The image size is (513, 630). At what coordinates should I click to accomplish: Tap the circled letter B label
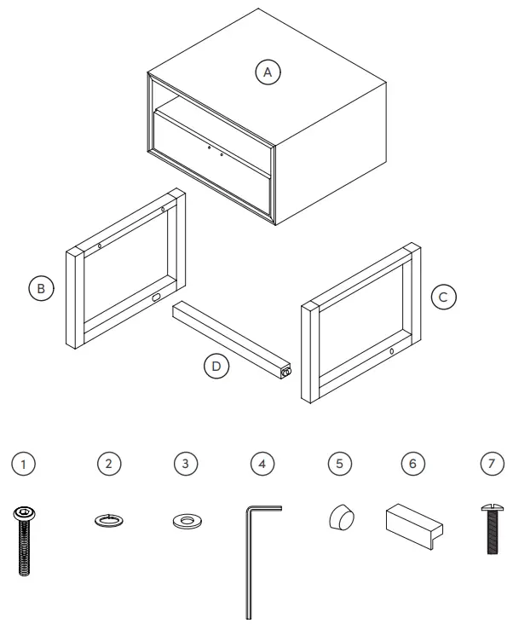tap(40, 289)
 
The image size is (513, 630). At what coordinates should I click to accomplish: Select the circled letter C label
tap(443, 298)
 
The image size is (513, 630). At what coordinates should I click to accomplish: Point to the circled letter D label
tap(217, 367)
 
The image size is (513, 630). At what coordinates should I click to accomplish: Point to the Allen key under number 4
tap(250, 554)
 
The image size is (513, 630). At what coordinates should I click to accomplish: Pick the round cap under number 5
tap(341, 517)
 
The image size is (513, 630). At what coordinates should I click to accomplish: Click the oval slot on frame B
tap(156, 298)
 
